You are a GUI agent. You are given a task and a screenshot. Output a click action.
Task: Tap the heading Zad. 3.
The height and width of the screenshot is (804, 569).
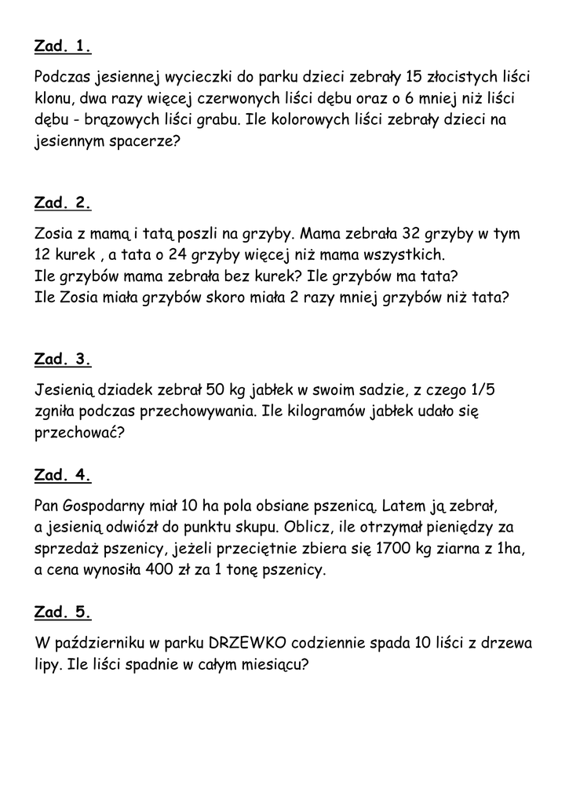tap(63, 360)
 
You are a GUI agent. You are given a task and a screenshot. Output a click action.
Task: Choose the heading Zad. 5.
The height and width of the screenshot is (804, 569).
tap(63, 612)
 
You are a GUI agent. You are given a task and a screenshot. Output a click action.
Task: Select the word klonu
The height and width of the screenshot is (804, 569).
tap(55, 100)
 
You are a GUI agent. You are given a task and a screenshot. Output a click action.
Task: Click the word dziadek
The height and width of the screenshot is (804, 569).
tap(128, 390)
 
